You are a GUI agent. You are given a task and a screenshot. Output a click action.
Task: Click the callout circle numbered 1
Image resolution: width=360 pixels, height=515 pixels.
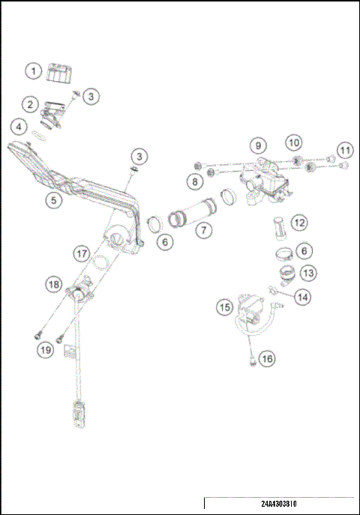pyautogui.click(x=32, y=71)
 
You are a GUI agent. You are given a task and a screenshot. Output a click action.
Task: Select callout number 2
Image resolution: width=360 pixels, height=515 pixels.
pyautogui.click(x=30, y=103)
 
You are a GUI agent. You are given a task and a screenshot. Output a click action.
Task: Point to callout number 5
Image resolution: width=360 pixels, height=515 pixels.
pyautogui.click(x=52, y=201)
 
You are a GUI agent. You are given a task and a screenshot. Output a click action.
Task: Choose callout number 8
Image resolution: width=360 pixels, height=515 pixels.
pyautogui.click(x=194, y=181)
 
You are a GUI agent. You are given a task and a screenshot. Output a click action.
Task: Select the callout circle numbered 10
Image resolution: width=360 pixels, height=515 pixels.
pyautogui.click(x=293, y=141)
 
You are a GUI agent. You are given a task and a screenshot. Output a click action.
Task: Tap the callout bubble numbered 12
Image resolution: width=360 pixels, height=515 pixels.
pyautogui.click(x=299, y=223)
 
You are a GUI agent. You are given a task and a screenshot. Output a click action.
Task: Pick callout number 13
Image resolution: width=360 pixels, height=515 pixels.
pyautogui.click(x=308, y=274)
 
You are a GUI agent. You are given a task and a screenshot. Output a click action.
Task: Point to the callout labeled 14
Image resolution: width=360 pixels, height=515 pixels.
pyautogui.click(x=301, y=297)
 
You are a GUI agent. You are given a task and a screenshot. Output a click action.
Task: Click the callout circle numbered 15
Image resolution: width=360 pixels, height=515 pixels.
pyautogui.click(x=224, y=307)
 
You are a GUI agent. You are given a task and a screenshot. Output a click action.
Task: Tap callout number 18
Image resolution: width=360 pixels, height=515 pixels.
pyautogui.click(x=53, y=284)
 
